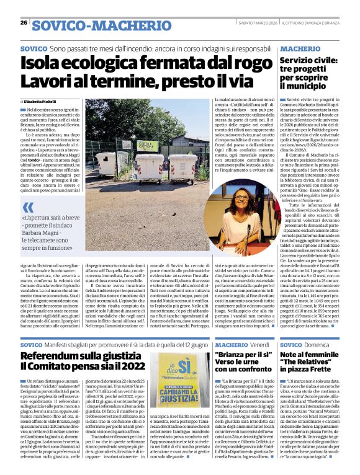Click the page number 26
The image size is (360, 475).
(23, 22)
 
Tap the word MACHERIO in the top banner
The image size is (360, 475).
(136, 25)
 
